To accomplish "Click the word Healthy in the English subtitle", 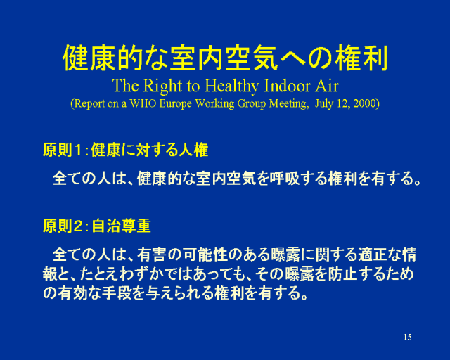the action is click(231, 86).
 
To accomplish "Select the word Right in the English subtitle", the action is click(162, 86).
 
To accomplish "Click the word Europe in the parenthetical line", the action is click(175, 104).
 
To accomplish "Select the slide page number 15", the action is click(407, 337).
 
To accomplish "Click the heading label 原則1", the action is click(62, 150).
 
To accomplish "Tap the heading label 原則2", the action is click(62, 226).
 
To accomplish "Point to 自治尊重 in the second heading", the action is click(122, 226).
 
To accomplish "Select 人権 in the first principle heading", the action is click(194, 150).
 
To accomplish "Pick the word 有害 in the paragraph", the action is click(152, 255).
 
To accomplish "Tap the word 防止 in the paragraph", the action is click(342, 274).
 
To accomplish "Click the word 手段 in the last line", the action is click(117, 293).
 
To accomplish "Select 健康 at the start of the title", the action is click(89, 58).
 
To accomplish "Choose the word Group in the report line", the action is click(252, 104).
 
